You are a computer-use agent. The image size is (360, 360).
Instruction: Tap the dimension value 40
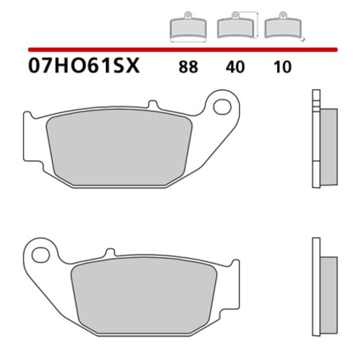(x=236, y=67)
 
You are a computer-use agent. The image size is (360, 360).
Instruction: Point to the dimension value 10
(x=283, y=67)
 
